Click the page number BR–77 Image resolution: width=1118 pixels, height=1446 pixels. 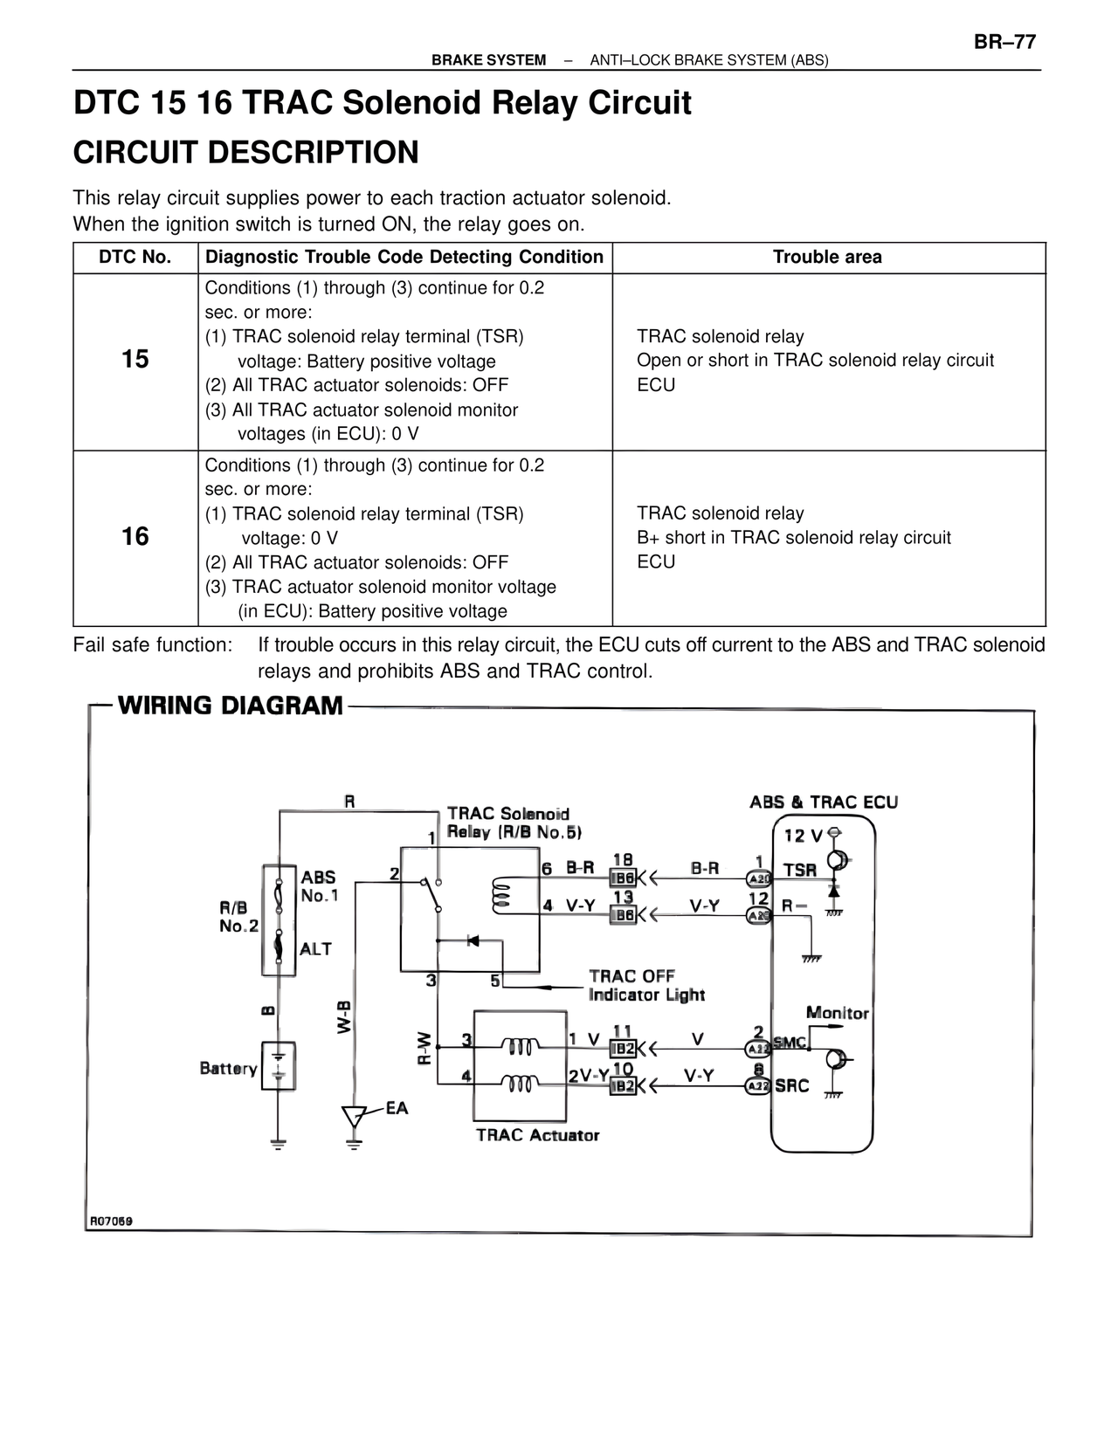pos(1004,42)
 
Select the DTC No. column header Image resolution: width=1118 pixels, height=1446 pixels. pos(135,257)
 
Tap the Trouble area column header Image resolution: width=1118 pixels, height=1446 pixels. pos(827,257)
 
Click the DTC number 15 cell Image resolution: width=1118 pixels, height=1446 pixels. pos(135,359)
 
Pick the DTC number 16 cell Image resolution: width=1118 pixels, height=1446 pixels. pos(135,536)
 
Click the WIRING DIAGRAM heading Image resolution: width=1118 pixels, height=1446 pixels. pos(231,706)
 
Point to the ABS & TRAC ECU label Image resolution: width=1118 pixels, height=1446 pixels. pos(824,802)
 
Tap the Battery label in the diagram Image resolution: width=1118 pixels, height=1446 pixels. pos(228,1069)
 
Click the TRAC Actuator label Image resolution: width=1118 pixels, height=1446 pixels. pos(537,1135)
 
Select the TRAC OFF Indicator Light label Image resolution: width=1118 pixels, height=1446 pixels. pos(645,986)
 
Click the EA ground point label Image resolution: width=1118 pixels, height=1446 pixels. pos(397,1108)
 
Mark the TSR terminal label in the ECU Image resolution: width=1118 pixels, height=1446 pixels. pos(800,871)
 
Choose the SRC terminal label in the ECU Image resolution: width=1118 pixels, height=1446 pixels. pos(792,1085)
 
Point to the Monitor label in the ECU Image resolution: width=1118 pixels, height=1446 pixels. pos(837,1013)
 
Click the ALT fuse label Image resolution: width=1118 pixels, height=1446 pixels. pos(315,948)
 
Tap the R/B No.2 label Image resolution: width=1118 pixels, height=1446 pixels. pos(238,917)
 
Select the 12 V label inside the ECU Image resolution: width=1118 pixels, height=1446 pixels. pos(803,836)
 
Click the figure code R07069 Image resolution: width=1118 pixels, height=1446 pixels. pos(111,1221)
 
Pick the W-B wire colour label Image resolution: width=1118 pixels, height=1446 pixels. pos(344,1016)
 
